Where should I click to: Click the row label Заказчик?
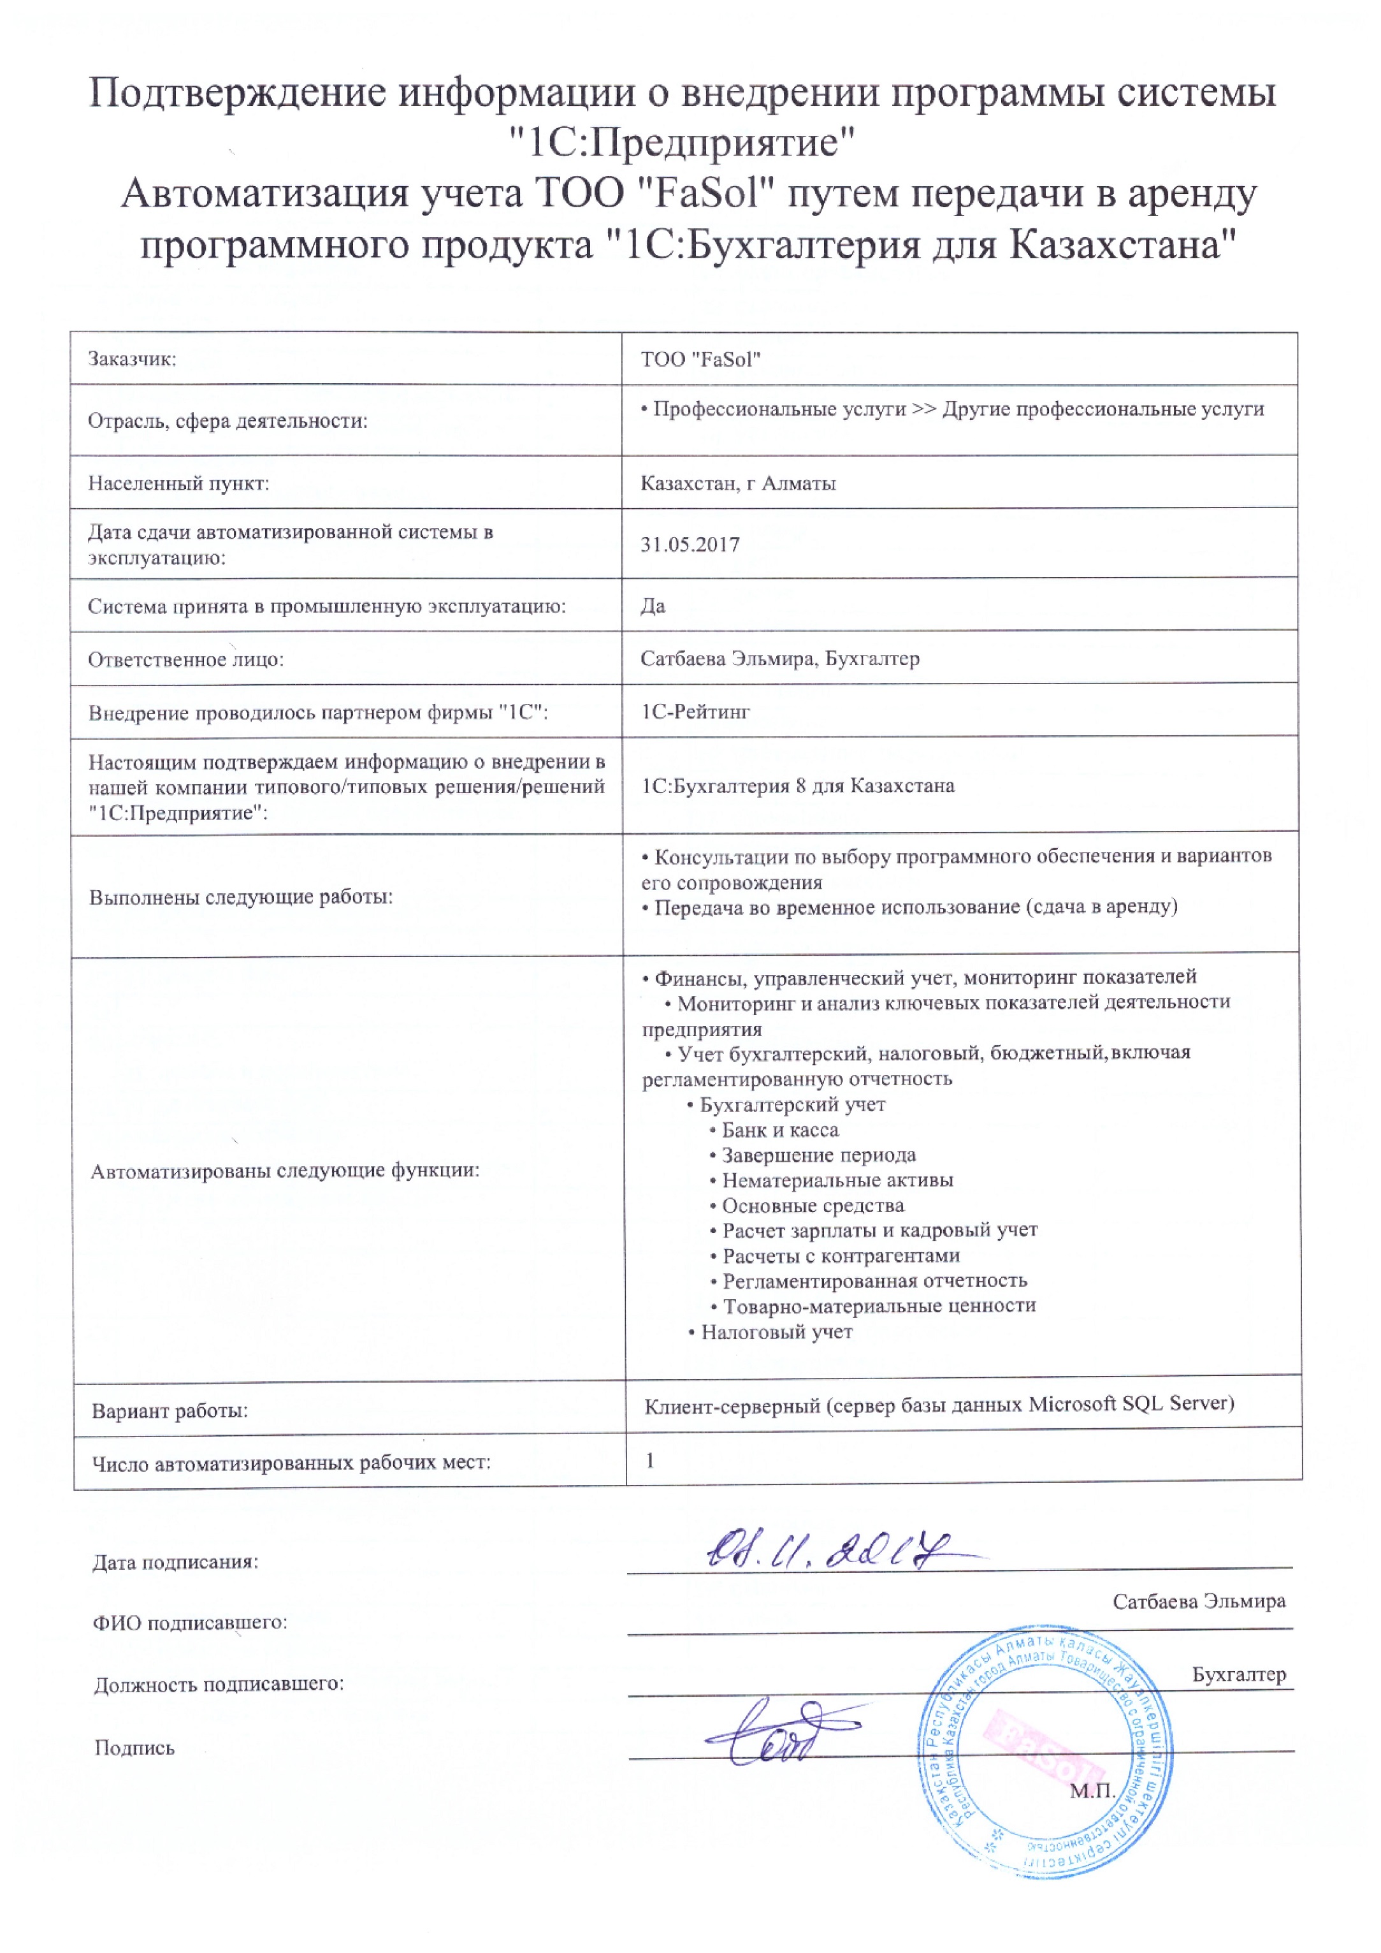click(x=132, y=359)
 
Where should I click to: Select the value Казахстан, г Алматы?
click(x=738, y=484)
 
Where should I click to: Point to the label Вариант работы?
click(x=170, y=1411)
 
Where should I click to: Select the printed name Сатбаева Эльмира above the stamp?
click(x=1198, y=1601)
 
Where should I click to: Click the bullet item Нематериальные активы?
click(x=837, y=1181)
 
